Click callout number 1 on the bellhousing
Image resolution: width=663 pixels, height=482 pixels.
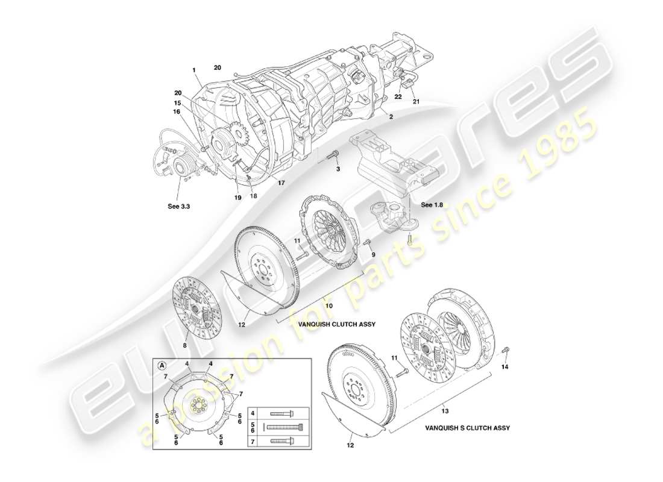(195, 70)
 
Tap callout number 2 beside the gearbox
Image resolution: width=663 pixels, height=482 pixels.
(391, 117)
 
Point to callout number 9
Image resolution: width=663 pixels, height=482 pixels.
(373, 255)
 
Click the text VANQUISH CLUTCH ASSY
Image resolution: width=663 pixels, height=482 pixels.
(337, 324)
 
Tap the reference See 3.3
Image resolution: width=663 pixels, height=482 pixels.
(178, 205)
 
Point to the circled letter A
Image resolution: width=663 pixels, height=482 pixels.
(162, 365)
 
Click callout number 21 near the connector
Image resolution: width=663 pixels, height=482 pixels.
(416, 102)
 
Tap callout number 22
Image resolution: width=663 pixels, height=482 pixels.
(398, 96)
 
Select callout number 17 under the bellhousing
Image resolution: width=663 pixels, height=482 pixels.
(281, 183)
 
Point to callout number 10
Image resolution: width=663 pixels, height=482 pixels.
(329, 306)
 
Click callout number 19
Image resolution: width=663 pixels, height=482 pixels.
(237, 197)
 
